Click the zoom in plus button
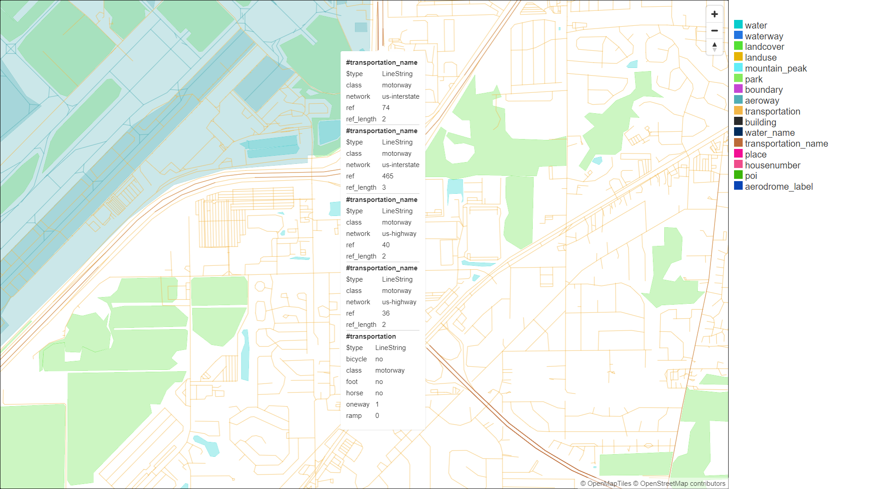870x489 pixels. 715,14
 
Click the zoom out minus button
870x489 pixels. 715,31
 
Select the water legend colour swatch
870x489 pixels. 738,25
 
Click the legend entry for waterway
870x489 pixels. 764,36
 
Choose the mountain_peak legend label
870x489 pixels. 775,68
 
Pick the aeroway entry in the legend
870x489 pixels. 762,101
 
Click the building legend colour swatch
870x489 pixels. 738,121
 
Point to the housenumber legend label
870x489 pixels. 772,165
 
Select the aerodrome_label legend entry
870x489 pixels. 778,187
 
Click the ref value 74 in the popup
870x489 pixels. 386,108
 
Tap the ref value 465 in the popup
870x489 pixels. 387,176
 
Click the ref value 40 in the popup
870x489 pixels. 386,245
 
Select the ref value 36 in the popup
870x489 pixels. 386,313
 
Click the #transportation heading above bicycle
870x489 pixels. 371,336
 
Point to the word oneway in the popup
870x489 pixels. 358,404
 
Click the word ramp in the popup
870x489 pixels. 353,416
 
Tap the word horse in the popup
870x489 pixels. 354,393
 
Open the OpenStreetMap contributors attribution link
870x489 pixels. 682,484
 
